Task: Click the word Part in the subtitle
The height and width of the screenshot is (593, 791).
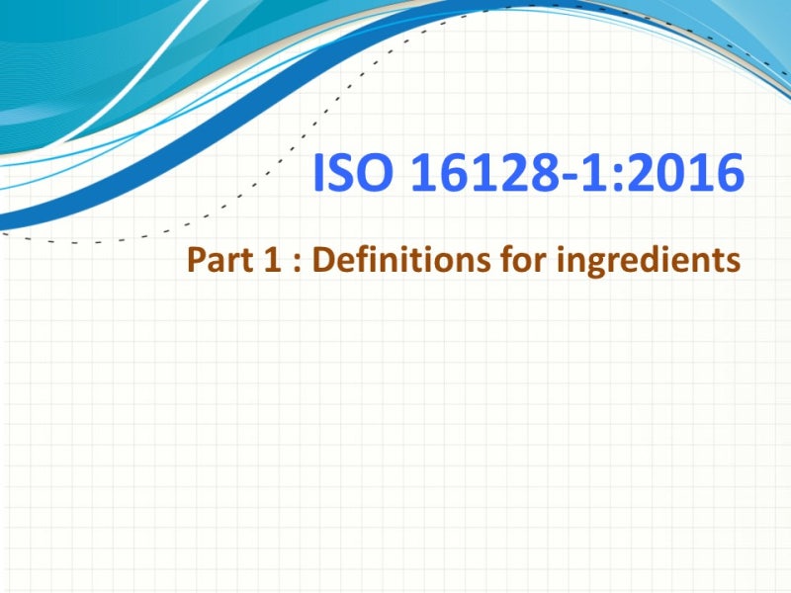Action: (218, 262)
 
